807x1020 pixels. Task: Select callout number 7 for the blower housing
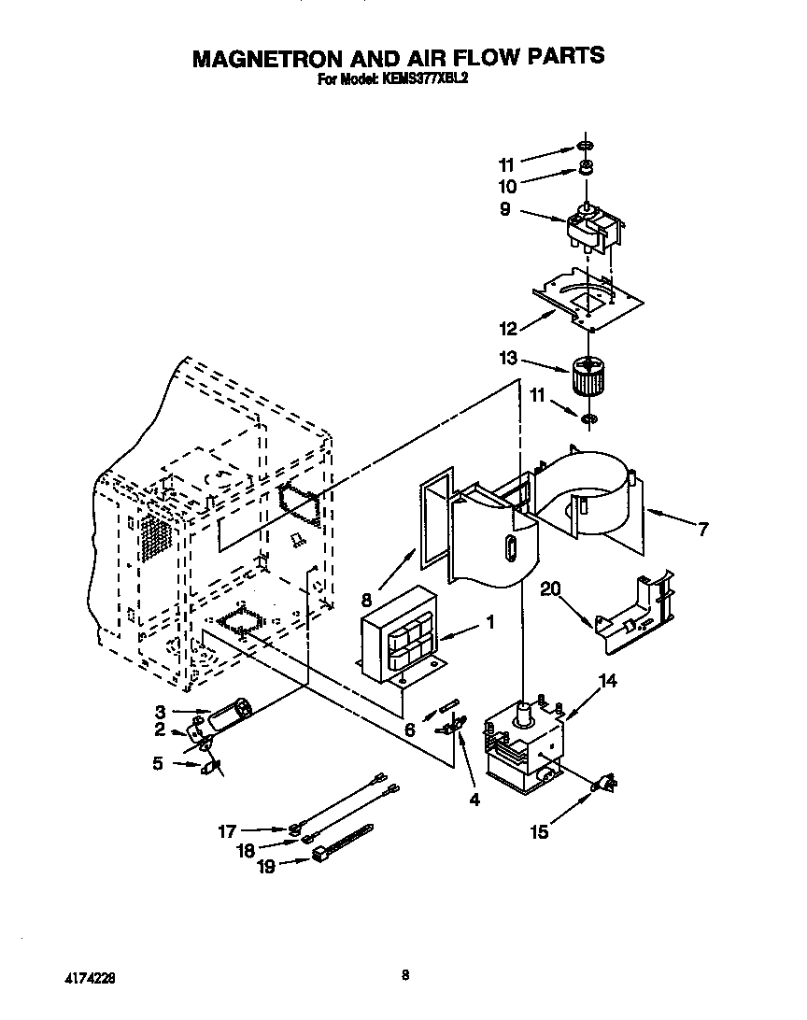pos(702,530)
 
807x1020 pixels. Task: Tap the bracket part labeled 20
pos(635,616)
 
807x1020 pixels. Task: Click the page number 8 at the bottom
pos(404,975)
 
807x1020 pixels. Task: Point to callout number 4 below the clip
pos(474,800)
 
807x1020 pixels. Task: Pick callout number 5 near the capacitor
pos(157,763)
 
